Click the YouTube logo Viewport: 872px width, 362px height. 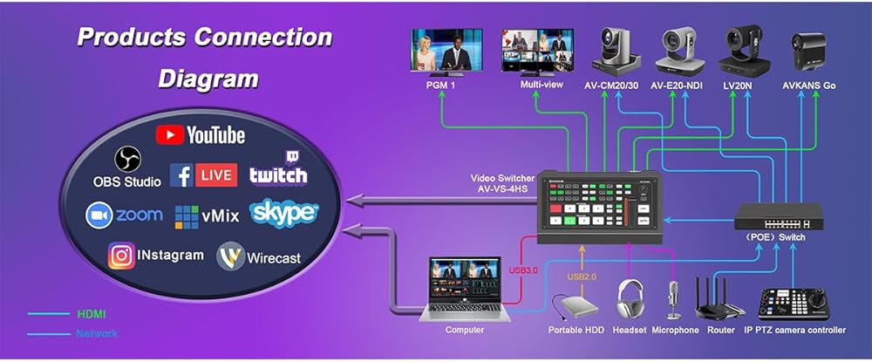[x=201, y=134]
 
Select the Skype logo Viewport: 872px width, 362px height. [x=284, y=213]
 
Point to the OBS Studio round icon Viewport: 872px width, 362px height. [x=127, y=159]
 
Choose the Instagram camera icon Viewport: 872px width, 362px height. [x=120, y=256]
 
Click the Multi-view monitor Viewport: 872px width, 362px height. [x=533, y=50]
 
